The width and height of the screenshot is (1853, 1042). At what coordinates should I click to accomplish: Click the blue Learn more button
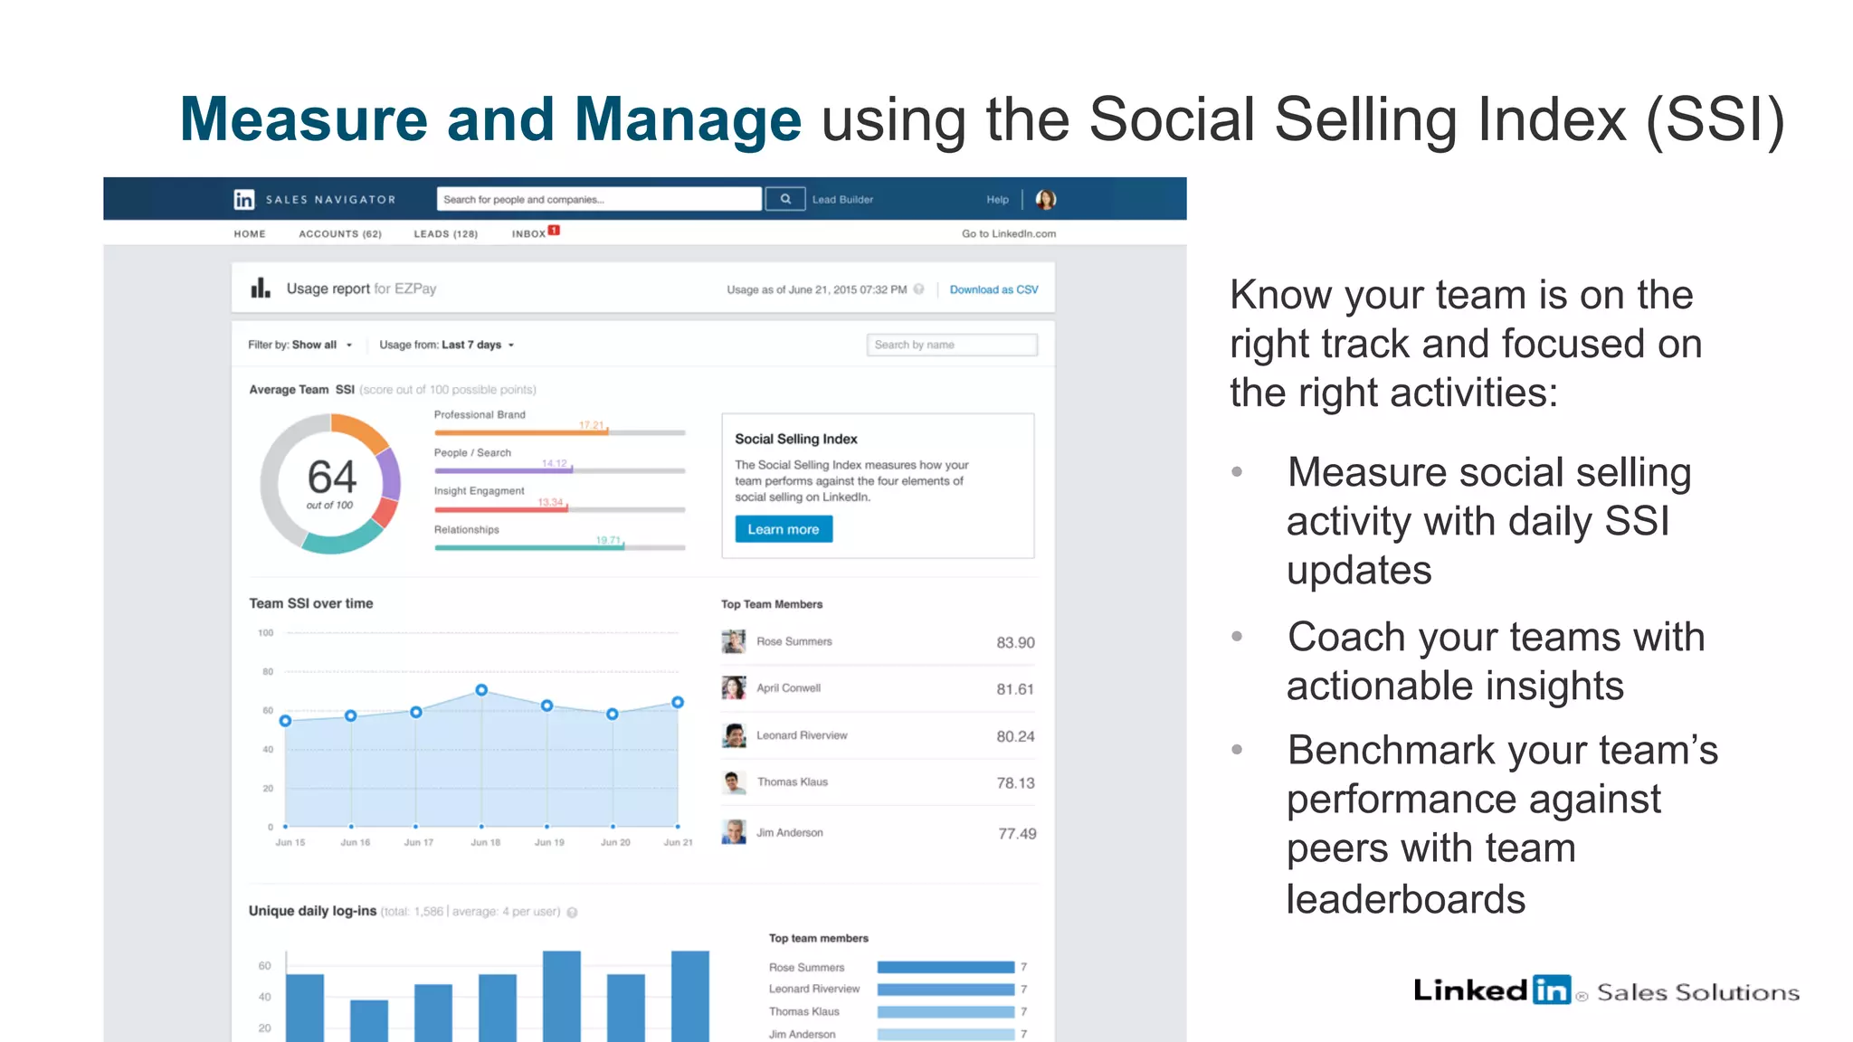[783, 529]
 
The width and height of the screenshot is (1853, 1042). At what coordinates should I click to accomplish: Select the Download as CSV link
[993, 289]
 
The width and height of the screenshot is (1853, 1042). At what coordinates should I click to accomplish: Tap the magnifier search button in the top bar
[785, 199]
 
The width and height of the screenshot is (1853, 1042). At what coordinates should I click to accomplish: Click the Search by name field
[951, 345]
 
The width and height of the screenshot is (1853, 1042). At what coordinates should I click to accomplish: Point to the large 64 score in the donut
[331, 478]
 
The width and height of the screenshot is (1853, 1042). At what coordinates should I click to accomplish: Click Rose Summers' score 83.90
[1015, 642]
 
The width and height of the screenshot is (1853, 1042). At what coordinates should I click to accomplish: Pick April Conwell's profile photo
[734, 687]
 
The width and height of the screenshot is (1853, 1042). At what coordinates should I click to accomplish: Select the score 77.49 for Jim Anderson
[1017, 834]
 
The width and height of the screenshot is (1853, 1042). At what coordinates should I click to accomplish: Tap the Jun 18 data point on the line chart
[481, 690]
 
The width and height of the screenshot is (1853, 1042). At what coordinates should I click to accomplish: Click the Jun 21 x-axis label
[678, 842]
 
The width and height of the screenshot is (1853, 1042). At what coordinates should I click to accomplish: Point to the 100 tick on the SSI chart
[265, 633]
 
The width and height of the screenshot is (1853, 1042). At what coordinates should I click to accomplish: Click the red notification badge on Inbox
[554, 230]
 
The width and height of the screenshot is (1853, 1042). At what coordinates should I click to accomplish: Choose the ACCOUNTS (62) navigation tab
[340, 233]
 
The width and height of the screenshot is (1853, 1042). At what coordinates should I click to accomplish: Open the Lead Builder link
[842, 200]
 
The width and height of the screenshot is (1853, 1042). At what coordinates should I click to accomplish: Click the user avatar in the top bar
[1045, 200]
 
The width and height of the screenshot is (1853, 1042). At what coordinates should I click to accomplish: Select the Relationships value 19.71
[608, 540]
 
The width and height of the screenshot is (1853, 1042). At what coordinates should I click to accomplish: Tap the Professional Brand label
[480, 414]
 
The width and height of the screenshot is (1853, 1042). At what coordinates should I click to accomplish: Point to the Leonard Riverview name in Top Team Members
[802, 735]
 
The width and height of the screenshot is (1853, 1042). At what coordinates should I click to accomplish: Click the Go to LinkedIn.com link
[1009, 233]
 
